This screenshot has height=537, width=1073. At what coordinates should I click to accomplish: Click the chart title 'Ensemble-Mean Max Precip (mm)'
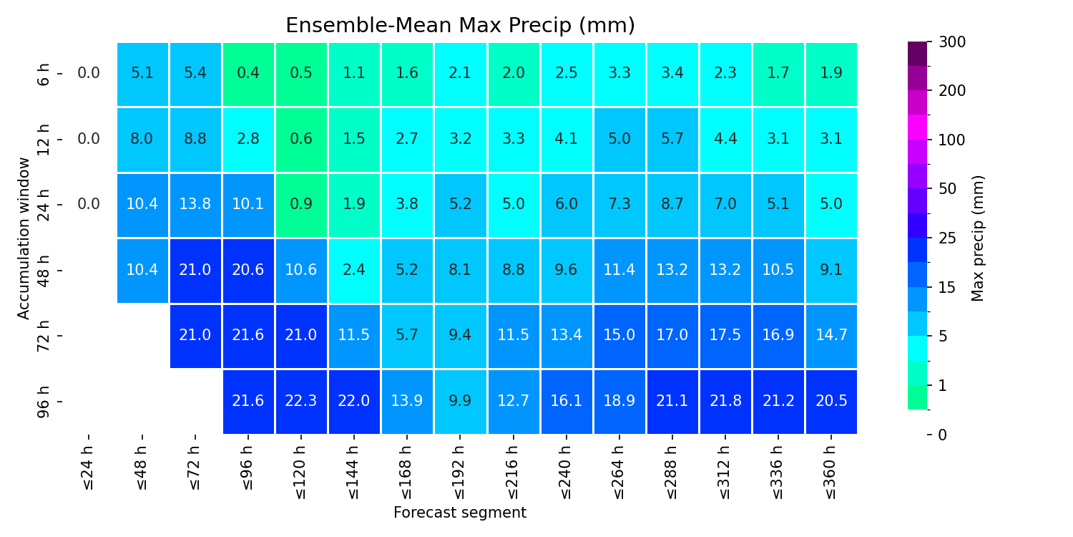click(460, 25)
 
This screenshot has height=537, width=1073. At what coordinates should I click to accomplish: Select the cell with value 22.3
click(301, 401)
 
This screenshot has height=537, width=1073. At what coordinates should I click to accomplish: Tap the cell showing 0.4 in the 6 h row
click(248, 74)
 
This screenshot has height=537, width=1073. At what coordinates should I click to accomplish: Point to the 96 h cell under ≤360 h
click(831, 401)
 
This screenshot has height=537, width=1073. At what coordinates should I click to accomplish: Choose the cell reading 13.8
click(195, 205)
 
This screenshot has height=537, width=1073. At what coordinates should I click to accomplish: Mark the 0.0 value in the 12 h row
click(89, 139)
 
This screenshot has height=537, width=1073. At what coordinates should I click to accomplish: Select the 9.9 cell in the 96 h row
click(460, 401)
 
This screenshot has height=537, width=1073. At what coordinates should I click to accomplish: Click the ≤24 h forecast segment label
click(89, 468)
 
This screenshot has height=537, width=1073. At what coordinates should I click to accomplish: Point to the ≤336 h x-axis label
click(778, 473)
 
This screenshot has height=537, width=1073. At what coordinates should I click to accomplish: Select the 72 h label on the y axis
click(43, 336)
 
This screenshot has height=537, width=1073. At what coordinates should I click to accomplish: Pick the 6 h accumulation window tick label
click(43, 74)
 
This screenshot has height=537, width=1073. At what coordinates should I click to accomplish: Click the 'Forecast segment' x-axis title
click(460, 513)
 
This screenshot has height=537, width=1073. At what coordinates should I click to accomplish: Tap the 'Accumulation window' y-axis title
click(23, 238)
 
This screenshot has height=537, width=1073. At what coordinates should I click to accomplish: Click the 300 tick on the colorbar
click(952, 42)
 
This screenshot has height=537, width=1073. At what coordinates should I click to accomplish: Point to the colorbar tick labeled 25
click(947, 238)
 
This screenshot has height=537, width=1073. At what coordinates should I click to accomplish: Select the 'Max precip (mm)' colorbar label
click(977, 238)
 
